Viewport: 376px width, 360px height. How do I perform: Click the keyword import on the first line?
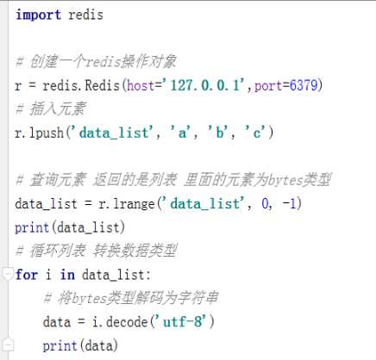pos(38,15)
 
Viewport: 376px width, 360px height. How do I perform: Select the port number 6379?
pos(304,85)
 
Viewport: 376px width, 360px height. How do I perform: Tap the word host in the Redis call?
pos(141,85)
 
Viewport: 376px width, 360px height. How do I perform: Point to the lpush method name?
pos(47,133)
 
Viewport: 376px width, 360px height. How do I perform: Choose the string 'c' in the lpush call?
pos(256,133)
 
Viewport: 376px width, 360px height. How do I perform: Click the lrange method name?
pos(134,204)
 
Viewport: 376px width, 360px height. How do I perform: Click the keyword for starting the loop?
pos(27,275)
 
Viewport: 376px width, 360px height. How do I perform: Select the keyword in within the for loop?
pos(67,275)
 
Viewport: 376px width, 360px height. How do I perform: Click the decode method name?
pos(127,322)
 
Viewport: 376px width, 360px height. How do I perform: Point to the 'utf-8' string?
pos(185,322)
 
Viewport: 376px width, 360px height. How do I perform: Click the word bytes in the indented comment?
pos(89,299)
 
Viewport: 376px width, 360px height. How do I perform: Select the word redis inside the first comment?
pos(103,62)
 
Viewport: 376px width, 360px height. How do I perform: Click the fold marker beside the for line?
pos(8,274)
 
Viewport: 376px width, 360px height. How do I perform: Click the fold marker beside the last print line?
pos(9,344)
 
